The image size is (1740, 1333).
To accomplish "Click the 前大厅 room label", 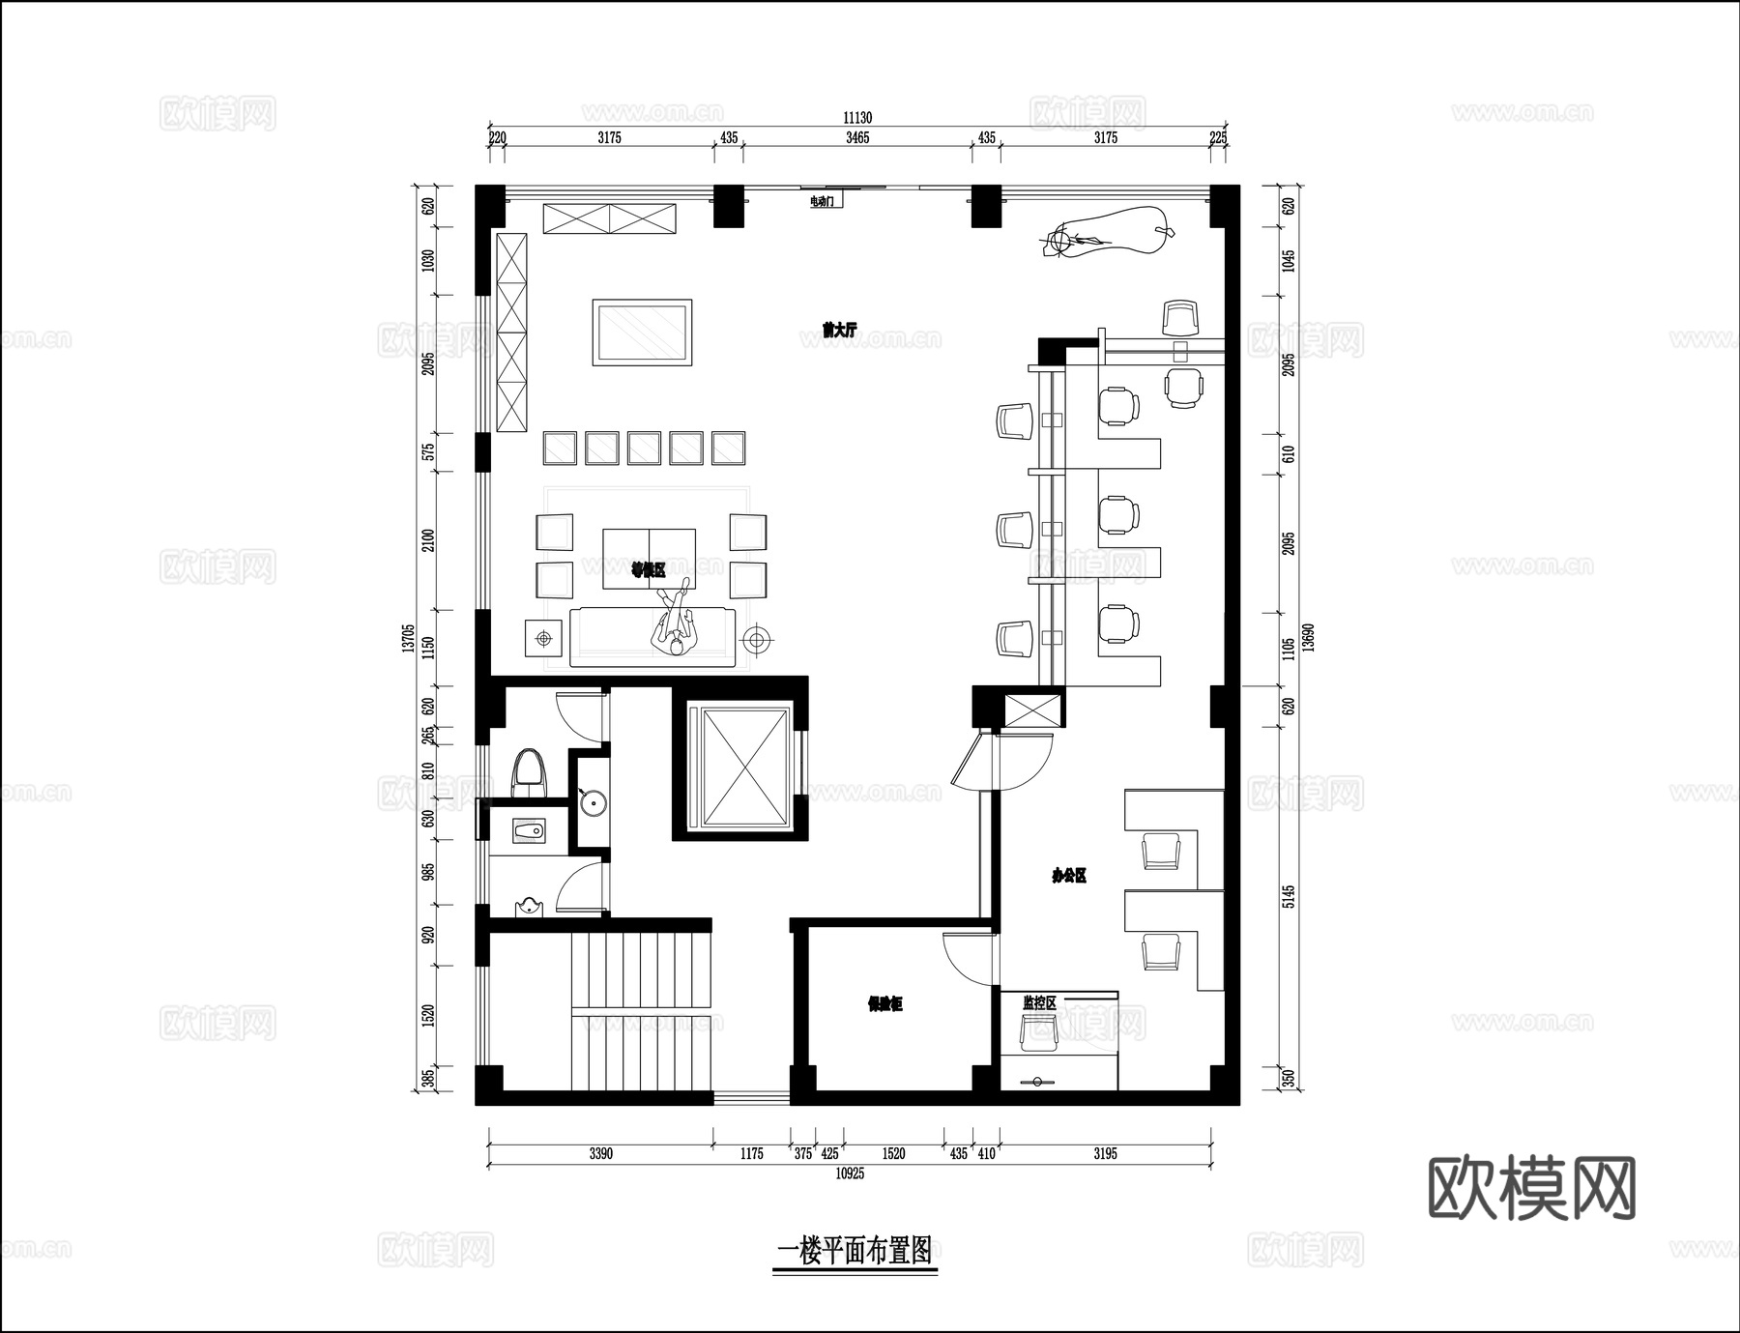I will point(839,330).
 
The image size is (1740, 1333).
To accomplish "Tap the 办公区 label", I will point(1069,876).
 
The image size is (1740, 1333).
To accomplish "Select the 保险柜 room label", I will point(884,1004).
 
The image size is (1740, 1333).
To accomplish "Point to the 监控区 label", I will point(1039,1003).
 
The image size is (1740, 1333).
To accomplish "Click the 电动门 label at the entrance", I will point(822,201).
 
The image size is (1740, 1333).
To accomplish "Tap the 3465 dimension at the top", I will point(857,138).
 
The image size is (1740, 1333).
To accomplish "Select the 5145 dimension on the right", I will point(1288,897).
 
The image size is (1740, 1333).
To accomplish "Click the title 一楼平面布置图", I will point(855,1252).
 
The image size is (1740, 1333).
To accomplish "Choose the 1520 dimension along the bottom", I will point(893,1153).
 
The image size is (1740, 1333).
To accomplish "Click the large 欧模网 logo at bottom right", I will point(1531,1188).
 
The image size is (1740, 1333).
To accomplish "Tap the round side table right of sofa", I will point(758,639).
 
